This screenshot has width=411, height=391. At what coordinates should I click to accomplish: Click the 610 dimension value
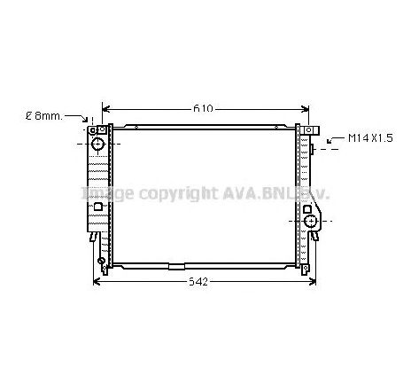pyautogui.click(x=204, y=109)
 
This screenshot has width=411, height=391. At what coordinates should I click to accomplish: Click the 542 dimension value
pyautogui.click(x=199, y=282)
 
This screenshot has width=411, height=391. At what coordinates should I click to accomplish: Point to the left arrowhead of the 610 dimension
pyautogui.click(x=105, y=110)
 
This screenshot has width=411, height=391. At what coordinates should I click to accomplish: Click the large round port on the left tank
pyautogui.click(x=97, y=143)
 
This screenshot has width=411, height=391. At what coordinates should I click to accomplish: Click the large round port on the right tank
pyautogui.click(x=311, y=220)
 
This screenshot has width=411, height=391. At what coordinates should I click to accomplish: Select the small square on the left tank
pyautogui.click(x=97, y=207)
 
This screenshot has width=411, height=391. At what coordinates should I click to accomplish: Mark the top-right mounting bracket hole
pyautogui.click(x=312, y=131)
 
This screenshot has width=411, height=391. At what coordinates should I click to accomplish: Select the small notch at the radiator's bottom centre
pyautogui.click(x=177, y=265)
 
